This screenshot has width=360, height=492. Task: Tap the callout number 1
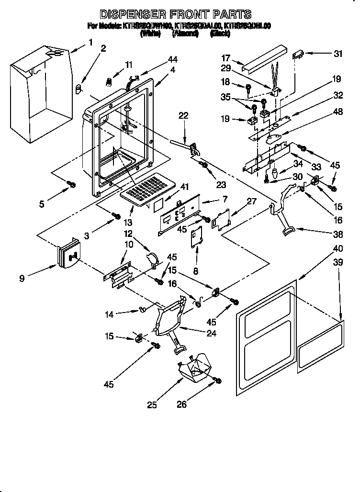(90, 43)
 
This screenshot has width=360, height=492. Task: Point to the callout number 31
(338, 54)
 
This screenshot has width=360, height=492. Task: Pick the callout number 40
(338, 249)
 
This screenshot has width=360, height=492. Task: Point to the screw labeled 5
(71, 184)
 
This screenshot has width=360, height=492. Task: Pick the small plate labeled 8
(195, 238)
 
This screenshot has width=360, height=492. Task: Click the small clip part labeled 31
(299, 54)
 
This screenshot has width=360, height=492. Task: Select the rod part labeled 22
(184, 145)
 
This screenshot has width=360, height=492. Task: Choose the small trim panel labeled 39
(320, 344)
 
